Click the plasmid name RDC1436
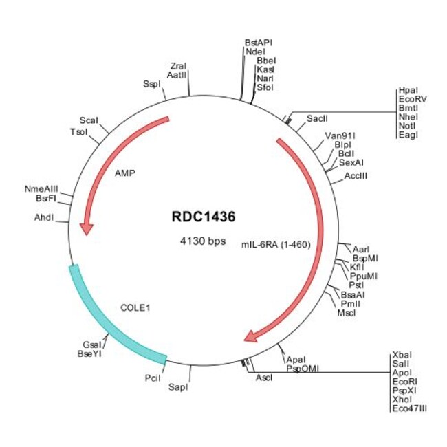(x=204, y=217)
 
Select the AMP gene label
(x=124, y=173)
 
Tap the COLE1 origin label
(x=135, y=307)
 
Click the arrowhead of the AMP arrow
(x=86, y=228)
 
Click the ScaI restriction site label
(x=89, y=120)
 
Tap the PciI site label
(x=153, y=378)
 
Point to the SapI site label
(x=178, y=387)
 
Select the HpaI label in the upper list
(x=407, y=90)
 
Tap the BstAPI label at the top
(x=259, y=42)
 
